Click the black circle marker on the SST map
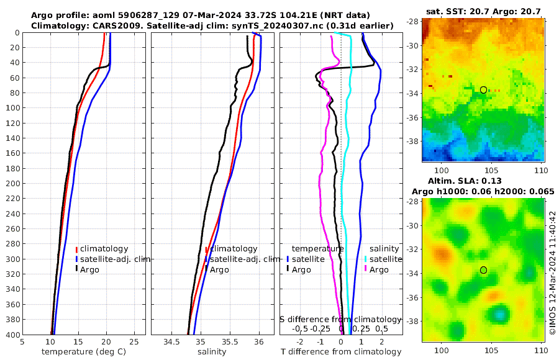[x=483, y=90]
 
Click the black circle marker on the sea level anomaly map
[x=483, y=270]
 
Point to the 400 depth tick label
[x=12, y=335]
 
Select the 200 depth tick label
[x=12, y=184]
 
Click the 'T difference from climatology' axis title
[x=341, y=352]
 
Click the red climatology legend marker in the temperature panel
[x=77, y=249]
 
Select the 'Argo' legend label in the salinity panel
[x=219, y=269]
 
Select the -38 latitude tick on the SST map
[x=413, y=140]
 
